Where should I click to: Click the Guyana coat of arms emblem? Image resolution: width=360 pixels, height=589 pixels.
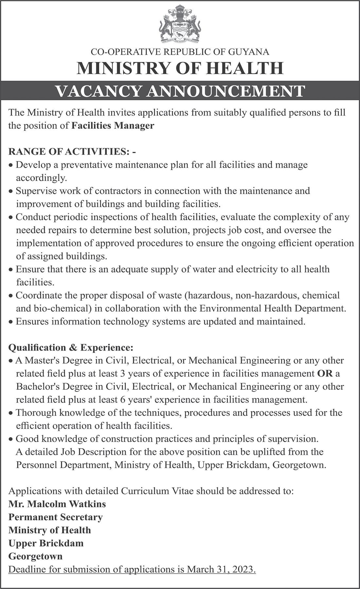180,25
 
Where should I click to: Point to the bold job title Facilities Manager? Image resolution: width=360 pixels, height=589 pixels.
113,126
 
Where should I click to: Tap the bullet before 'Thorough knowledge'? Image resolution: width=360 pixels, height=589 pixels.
11,413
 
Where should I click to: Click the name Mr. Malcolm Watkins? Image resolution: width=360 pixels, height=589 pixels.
57,504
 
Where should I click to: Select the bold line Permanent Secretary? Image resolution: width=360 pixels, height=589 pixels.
56,517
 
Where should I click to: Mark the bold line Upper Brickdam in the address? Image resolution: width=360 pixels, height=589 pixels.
46,543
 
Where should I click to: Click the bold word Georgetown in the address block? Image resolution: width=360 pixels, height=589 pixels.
35,556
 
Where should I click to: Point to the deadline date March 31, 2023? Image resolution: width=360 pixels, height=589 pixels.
221,569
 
